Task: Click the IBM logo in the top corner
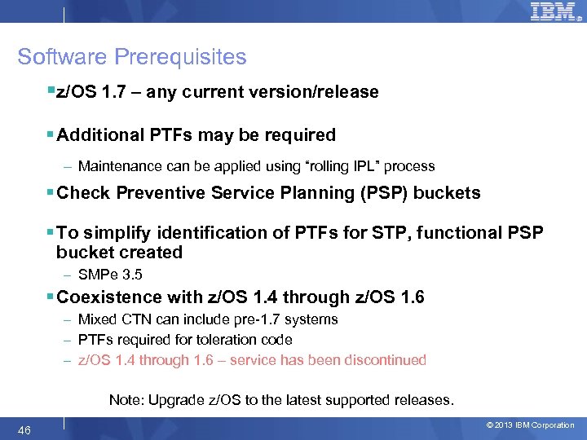click(x=553, y=11)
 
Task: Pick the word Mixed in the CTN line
click(x=96, y=319)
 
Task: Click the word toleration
click(x=225, y=339)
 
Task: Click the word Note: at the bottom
click(x=126, y=400)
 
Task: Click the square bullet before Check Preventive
click(x=51, y=193)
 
